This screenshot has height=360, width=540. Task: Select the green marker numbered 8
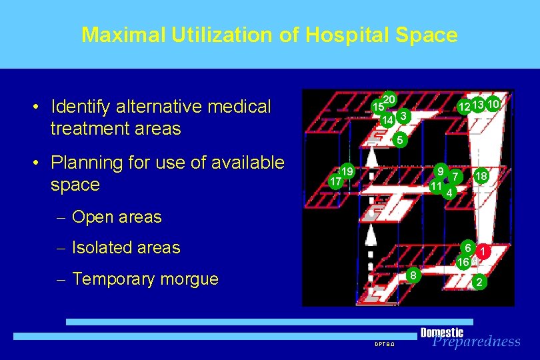coord(414,274)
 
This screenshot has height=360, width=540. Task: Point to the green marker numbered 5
coord(399,140)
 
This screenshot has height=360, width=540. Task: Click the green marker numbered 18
coord(480,176)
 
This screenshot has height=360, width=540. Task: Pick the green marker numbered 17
coord(336,181)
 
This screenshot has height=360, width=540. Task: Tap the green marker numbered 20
coord(390,99)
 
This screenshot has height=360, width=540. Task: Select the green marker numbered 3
coord(402,116)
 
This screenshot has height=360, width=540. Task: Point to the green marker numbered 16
coord(463,263)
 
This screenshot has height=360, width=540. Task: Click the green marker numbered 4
coord(450,193)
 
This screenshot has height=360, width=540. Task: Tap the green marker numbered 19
coord(347,171)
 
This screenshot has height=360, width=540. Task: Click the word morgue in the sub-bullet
coord(189,279)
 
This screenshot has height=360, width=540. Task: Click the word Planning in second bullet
coord(83,163)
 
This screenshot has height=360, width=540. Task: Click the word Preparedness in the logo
coord(476,341)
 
